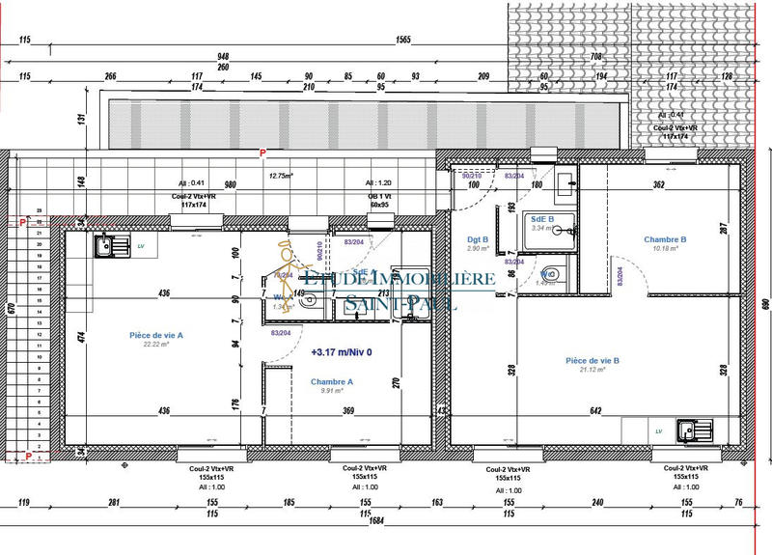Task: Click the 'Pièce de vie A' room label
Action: pyautogui.click(x=156, y=335)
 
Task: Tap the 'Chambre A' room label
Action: pyautogui.click(x=331, y=381)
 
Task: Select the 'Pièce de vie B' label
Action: pyautogui.click(x=593, y=361)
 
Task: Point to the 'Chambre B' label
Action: pyautogui.click(x=665, y=239)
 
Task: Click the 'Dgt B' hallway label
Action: pyautogui.click(x=476, y=238)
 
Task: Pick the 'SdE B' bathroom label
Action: pyautogui.click(x=542, y=219)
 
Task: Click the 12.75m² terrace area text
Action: pyautogui.click(x=280, y=175)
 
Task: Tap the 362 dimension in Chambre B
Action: pyautogui.click(x=658, y=183)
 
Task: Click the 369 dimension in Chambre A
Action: pyautogui.click(x=348, y=411)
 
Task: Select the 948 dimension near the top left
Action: pyautogui.click(x=223, y=56)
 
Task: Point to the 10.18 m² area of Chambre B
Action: pyautogui.click(x=665, y=249)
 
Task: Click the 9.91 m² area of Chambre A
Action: pyautogui.click(x=331, y=391)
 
